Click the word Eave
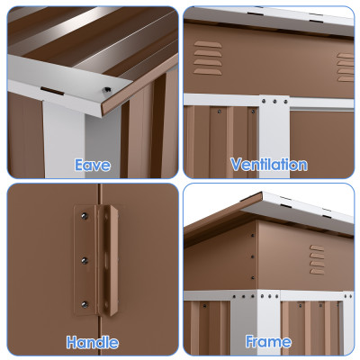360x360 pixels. click(93, 166)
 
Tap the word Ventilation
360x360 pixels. click(269, 165)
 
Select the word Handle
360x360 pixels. click(93, 342)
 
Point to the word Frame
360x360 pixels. click(268, 341)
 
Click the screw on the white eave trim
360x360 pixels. click(106, 90)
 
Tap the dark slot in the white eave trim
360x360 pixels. click(52, 91)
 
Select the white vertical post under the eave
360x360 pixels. click(64, 139)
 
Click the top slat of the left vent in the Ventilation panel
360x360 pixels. click(208, 44)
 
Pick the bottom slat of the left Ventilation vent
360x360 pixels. click(208, 72)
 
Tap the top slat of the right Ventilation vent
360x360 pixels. click(346, 56)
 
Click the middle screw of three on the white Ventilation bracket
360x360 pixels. click(274, 102)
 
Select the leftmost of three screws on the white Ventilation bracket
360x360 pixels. click(264, 102)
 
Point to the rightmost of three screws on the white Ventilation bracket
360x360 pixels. click(285, 102)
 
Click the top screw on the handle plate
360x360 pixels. click(85, 216)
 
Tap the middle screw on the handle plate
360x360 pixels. click(85, 260)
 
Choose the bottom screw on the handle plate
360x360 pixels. click(85, 305)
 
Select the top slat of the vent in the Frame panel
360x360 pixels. click(317, 247)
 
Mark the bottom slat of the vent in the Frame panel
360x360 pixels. click(317, 272)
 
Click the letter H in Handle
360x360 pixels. click(72, 342)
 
